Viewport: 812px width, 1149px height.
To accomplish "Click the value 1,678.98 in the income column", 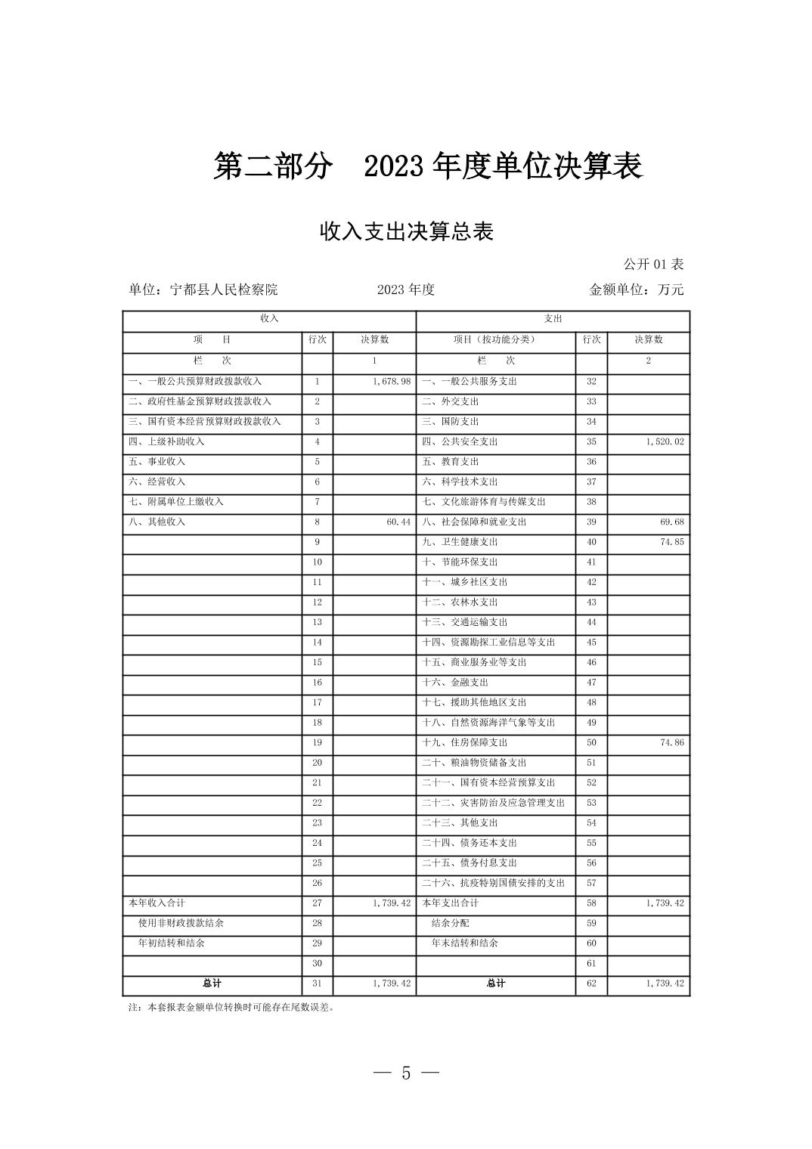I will [x=392, y=382].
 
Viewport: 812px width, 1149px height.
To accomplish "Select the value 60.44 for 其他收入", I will [x=398, y=522].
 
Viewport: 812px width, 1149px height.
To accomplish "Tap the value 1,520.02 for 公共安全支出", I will [x=665, y=441].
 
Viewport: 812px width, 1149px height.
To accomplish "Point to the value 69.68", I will [x=671, y=522].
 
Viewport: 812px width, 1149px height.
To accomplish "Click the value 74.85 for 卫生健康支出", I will [x=671, y=542].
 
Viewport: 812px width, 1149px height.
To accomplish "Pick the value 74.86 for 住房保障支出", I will [x=671, y=743].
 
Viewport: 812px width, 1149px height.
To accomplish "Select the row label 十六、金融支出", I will [x=455, y=683].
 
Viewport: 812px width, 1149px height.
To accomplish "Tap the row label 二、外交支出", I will [x=451, y=401].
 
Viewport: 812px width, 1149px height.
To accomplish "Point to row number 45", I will [x=591, y=643].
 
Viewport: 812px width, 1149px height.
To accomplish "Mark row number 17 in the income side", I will [x=318, y=703].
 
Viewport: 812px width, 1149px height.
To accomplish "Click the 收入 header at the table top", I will [x=269, y=319].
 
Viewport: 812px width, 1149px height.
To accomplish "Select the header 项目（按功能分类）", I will [x=495, y=340].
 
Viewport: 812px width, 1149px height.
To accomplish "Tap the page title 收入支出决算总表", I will [x=406, y=231].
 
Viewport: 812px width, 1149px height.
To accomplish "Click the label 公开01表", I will [x=653, y=265].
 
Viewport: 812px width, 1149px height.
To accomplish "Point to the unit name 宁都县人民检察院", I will [x=224, y=290].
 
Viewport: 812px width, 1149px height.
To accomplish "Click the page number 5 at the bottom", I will [x=406, y=1073].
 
